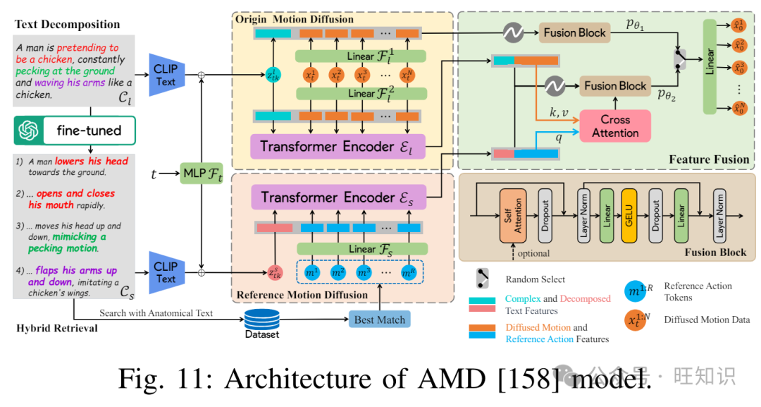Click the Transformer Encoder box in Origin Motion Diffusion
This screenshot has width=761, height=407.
(x=338, y=147)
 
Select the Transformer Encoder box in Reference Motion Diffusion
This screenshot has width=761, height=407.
(x=338, y=198)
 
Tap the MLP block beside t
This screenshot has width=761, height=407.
(x=201, y=172)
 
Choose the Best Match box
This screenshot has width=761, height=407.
(x=379, y=320)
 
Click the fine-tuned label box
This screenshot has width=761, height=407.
(x=89, y=130)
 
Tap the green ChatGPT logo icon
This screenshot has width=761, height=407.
(x=28, y=130)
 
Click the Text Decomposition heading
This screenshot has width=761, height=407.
(x=67, y=25)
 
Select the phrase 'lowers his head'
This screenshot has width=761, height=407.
(x=92, y=161)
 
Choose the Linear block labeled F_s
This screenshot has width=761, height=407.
(x=361, y=248)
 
